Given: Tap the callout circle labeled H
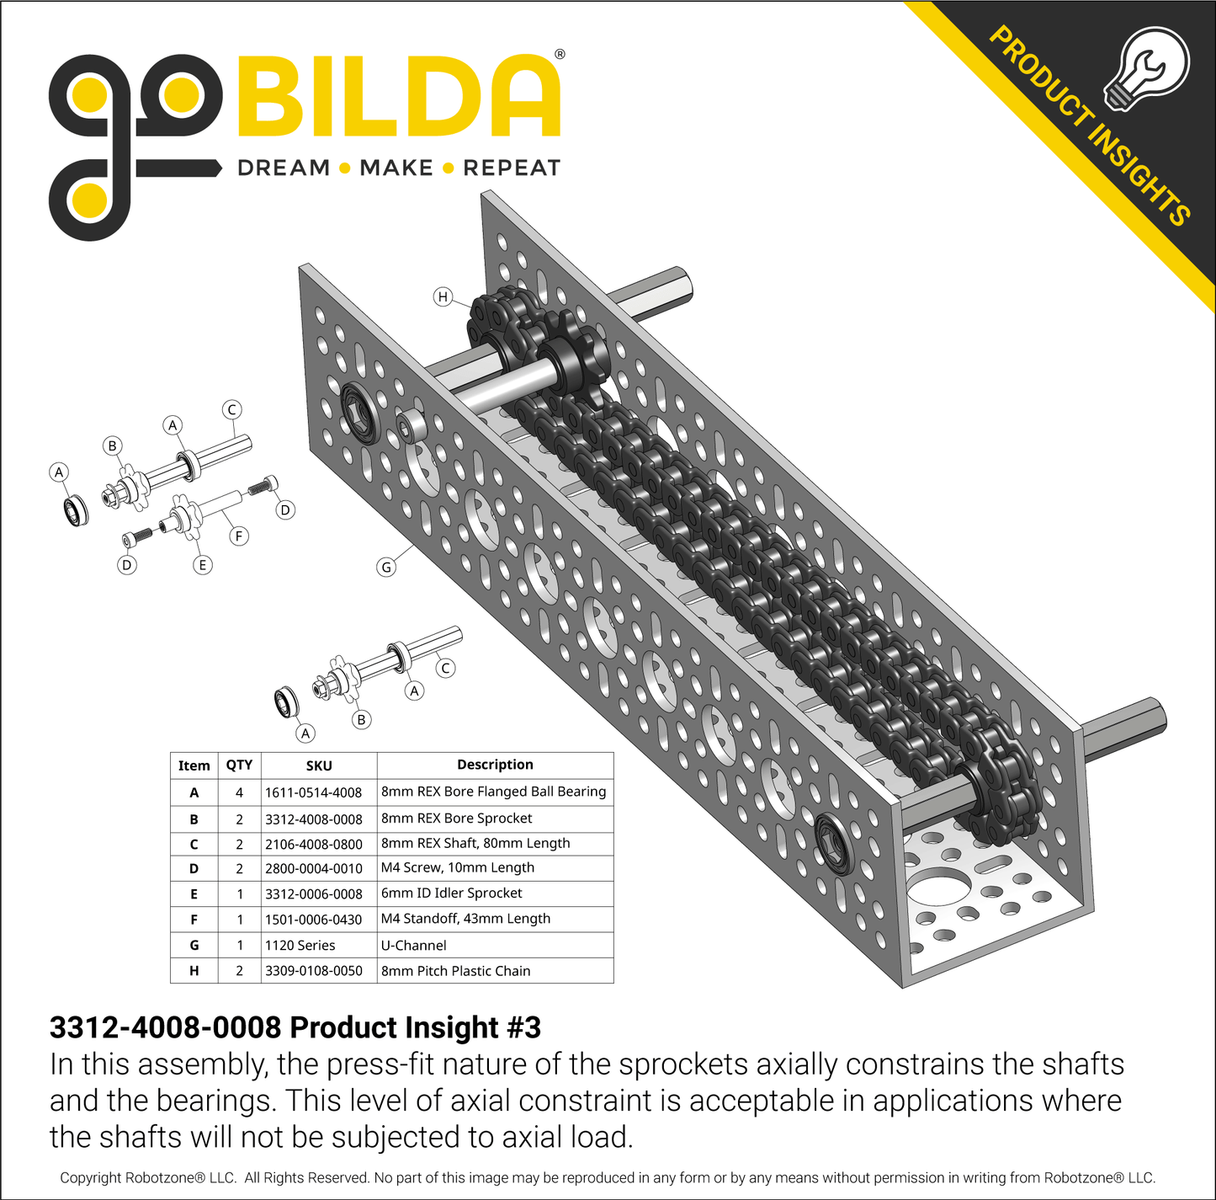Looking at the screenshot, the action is coord(443,296).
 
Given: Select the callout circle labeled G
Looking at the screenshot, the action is coord(386,568).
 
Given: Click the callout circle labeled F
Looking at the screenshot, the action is coord(238,536).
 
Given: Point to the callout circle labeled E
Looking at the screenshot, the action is coord(202,564).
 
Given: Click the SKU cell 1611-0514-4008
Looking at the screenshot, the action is coord(313,792).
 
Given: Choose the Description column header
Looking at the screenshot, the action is coord(495,765).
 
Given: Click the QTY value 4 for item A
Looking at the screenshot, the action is coord(239,792).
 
